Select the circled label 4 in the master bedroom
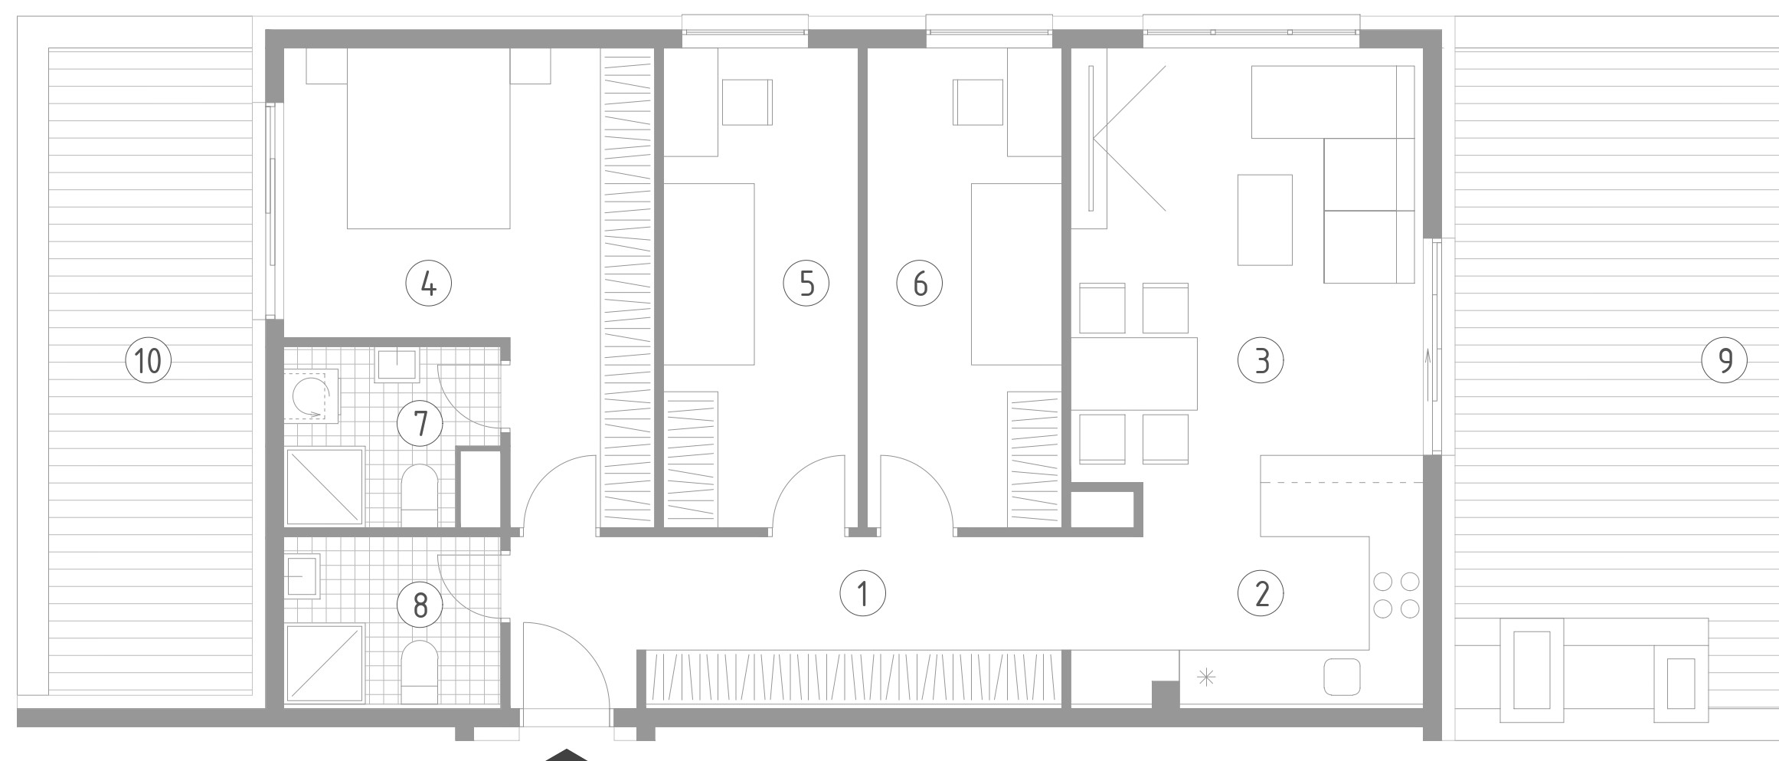click(428, 284)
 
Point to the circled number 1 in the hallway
click(863, 593)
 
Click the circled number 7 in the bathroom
click(420, 424)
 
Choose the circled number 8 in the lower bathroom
click(420, 606)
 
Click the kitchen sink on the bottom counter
click(1342, 677)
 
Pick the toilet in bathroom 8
click(419, 672)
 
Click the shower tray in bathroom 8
click(325, 663)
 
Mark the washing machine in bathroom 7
click(312, 395)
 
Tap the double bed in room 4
click(428, 138)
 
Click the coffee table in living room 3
click(1265, 220)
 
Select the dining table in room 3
click(1133, 373)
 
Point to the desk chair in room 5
click(747, 102)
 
